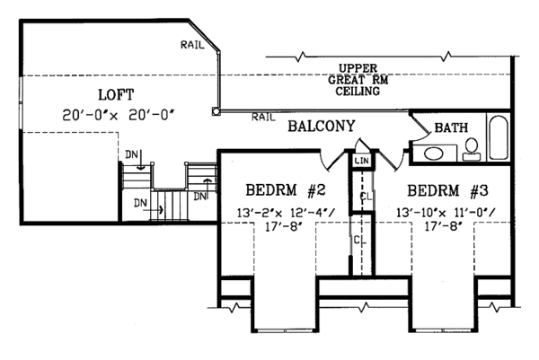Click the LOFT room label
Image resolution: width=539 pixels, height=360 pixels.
116,95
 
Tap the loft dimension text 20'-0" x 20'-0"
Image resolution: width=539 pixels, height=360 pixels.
116,115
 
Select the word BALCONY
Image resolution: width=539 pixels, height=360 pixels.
321,126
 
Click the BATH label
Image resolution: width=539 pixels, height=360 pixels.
451,127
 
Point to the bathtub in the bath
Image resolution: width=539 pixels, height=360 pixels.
499,137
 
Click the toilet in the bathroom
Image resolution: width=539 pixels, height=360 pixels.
472,149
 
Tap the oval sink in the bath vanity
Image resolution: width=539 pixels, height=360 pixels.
434,154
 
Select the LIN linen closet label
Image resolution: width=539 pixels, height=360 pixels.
362,160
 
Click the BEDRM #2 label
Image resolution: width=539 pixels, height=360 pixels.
286,189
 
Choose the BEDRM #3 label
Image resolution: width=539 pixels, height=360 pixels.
447,190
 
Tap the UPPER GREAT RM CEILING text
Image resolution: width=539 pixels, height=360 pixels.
358,80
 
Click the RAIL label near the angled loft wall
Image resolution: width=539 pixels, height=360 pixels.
192,44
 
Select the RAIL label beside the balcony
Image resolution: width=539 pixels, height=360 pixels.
263,117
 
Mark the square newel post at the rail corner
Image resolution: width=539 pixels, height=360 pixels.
216,111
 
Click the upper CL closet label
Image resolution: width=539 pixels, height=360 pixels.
366,197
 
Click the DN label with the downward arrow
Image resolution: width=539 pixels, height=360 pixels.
132,155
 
